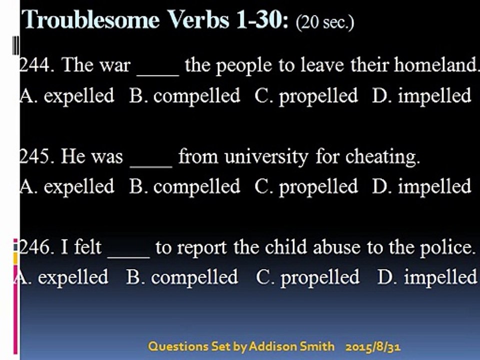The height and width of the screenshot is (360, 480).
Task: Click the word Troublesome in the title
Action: tap(91, 19)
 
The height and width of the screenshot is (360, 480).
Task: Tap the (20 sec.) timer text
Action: tap(325, 22)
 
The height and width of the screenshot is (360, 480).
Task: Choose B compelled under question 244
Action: tap(184, 96)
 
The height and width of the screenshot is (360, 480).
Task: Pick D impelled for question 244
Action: tap(421, 96)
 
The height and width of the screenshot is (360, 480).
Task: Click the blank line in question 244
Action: tap(157, 74)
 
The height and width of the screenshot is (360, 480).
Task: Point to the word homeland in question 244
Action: tap(436, 65)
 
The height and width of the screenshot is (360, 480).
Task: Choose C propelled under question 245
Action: tap(306, 186)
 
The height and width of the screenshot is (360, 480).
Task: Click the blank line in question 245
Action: tap(151, 166)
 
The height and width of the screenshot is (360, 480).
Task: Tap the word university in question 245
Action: tap(266, 156)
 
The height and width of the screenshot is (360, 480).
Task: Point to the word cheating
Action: tap(382, 156)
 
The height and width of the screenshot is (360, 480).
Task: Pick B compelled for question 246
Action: tap(182, 277)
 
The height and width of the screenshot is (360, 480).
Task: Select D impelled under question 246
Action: tap(427, 277)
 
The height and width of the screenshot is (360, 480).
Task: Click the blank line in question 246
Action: tap(129, 257)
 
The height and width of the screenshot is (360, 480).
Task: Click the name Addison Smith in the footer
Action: tap(291, 346)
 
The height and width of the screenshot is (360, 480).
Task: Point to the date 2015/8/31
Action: tap(373, 347)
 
